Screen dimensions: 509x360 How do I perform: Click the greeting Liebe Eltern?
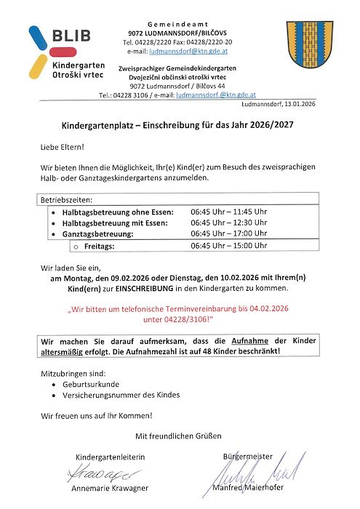click(62, 148)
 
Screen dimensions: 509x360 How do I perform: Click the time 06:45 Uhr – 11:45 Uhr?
click(229, 212)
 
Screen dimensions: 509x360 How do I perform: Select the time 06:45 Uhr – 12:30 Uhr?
click(229, 223)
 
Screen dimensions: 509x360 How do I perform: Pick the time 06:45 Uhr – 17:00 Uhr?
click(229, 234)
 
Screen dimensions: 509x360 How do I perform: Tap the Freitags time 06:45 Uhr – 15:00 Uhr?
click(229, 246)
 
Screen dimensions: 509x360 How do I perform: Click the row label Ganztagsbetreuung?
click(97, 235)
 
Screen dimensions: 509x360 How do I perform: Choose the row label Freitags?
click(89, 247)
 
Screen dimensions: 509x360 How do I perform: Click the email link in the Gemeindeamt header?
click(179, 52)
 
